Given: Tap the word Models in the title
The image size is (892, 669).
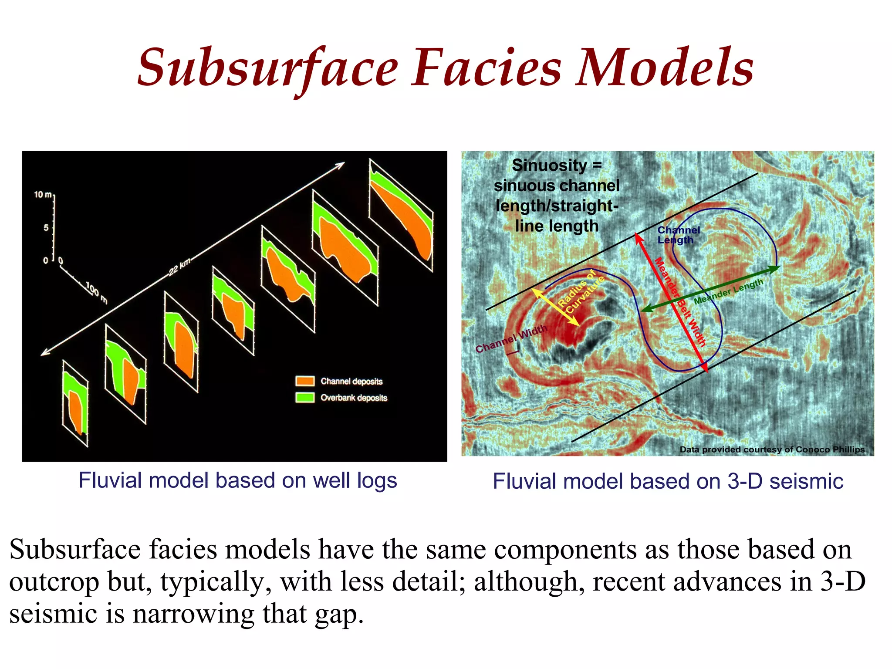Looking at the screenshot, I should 665,69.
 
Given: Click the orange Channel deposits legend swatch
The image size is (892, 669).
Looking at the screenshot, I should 305,381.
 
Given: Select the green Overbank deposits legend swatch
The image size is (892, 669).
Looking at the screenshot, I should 305,397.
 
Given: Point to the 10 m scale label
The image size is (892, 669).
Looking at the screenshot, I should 43,195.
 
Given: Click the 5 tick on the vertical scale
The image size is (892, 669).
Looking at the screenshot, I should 46,228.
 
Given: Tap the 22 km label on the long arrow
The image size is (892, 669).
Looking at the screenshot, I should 179,267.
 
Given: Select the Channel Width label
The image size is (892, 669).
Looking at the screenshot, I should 511,339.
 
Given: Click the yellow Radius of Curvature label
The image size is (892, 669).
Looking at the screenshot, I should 581,291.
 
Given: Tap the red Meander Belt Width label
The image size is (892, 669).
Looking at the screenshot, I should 679,302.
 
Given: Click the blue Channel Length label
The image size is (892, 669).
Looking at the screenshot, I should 678,235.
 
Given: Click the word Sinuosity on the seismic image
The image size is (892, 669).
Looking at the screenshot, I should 549,166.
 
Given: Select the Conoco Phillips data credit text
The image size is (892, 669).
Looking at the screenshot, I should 772,449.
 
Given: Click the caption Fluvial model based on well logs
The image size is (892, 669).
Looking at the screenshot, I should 238,481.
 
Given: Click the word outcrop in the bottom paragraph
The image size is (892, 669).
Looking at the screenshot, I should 54,582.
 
